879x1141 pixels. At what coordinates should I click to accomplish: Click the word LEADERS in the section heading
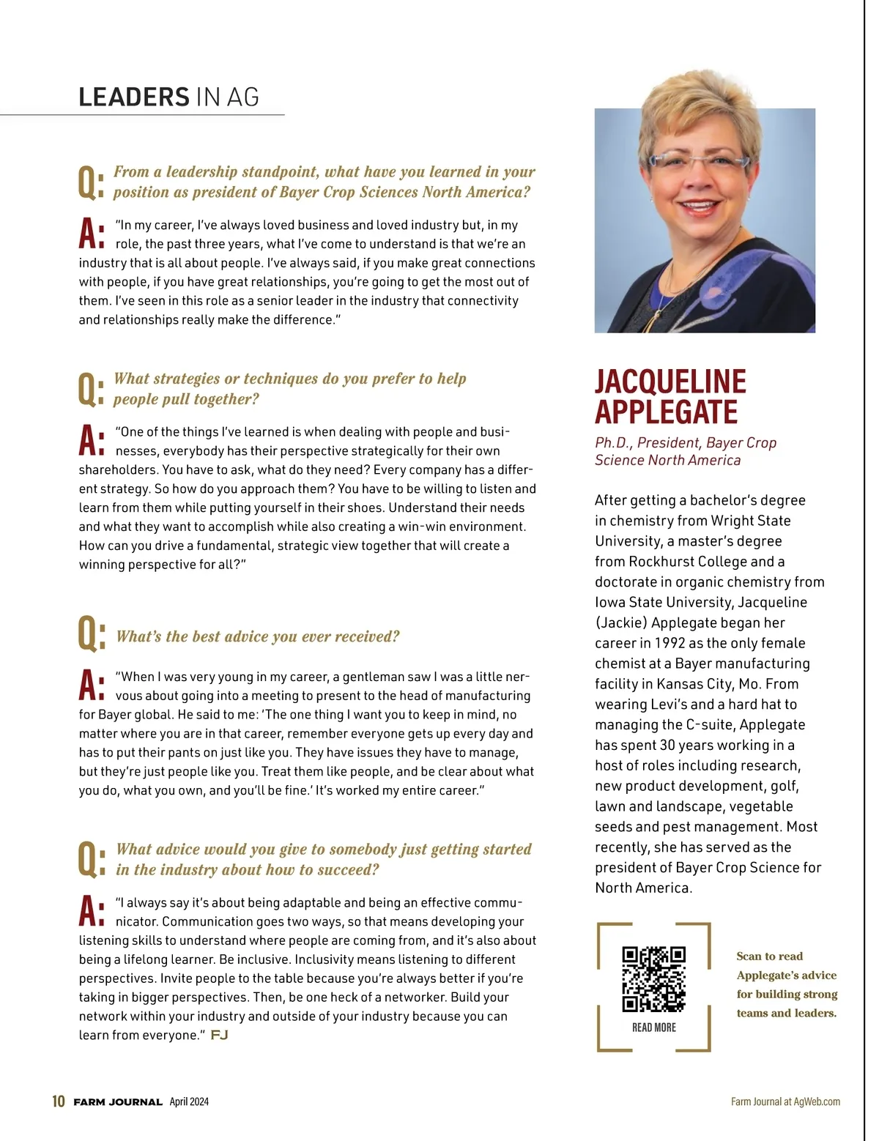(134, 97)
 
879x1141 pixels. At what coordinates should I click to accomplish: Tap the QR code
(653, 979)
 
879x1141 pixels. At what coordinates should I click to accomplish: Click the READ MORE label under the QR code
(653, 1027)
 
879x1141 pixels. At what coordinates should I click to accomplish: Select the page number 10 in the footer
(59, 1101)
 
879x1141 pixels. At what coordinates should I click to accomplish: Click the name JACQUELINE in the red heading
(670, 382)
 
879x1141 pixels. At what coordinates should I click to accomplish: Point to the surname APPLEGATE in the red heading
(666, 412)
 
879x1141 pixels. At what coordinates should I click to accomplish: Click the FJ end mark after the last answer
(219, 1035)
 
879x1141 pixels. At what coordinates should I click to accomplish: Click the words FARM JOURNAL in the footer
(118, 1102)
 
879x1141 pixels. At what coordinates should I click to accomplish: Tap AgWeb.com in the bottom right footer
(817, 1101)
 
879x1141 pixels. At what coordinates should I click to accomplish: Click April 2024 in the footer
(189, 1101)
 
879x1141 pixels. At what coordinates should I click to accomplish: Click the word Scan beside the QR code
(749, 956)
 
